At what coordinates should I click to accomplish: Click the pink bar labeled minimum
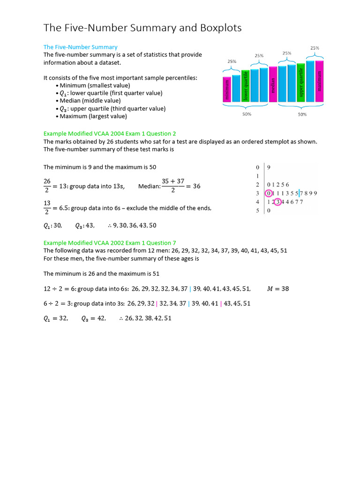227,89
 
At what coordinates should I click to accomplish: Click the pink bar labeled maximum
320,81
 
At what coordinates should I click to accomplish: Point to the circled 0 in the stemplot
268,193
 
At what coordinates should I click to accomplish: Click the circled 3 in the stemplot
277,202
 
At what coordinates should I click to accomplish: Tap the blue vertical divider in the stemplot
299,193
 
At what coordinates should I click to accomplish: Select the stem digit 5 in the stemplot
257,211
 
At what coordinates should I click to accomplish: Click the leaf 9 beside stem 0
269,167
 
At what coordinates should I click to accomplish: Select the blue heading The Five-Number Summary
80,47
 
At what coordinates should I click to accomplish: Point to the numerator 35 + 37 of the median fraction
173,181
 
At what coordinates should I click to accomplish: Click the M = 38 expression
278,289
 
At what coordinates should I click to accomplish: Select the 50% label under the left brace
247,114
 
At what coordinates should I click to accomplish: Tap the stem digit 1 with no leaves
257,176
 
